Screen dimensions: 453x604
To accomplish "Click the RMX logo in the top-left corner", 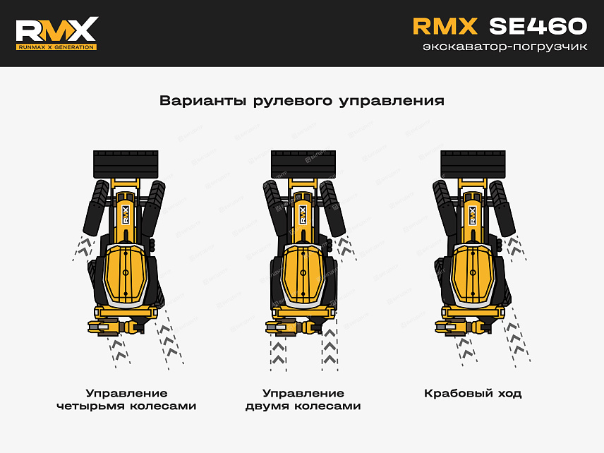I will tap(56, 29).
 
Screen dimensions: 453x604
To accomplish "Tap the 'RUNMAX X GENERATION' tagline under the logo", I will tap(56, 47).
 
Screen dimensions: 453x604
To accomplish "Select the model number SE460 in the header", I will tap(538, 26).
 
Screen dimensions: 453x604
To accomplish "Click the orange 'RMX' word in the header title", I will tap(445, 26).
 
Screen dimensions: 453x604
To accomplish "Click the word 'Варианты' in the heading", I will tap(202, 100).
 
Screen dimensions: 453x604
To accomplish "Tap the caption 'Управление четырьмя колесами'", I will tap(126, 399).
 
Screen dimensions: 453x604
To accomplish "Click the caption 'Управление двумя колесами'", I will tap(303, 399).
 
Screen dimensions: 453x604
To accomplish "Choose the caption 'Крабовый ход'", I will tap(473, 393).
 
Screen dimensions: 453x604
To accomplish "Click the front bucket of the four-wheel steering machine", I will tap(127, 164).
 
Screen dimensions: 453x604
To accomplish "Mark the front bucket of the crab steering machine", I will tap(473, 164).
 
